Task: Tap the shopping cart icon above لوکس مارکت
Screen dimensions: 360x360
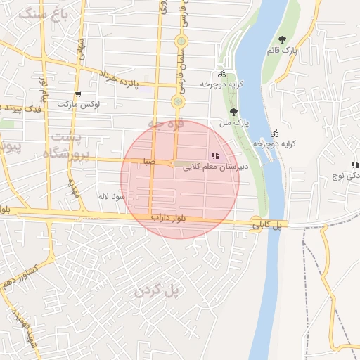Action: [x=78, y=94]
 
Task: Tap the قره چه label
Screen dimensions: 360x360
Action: [x=165, y=123]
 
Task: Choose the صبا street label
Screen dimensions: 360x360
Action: [x=147, y=161]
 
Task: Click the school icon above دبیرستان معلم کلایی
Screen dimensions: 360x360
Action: [x=215, y=155]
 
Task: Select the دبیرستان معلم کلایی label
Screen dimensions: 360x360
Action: [x=214, y=167]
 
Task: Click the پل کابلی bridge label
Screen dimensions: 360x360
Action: [x=267, y=225]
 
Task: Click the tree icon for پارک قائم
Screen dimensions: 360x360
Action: [x=282, y=40]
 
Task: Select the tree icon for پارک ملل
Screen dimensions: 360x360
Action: [x=233, y=112]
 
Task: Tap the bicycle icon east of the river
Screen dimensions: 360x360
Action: [x=275, y=133]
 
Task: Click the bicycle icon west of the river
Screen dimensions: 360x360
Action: [x=222, y=73]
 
